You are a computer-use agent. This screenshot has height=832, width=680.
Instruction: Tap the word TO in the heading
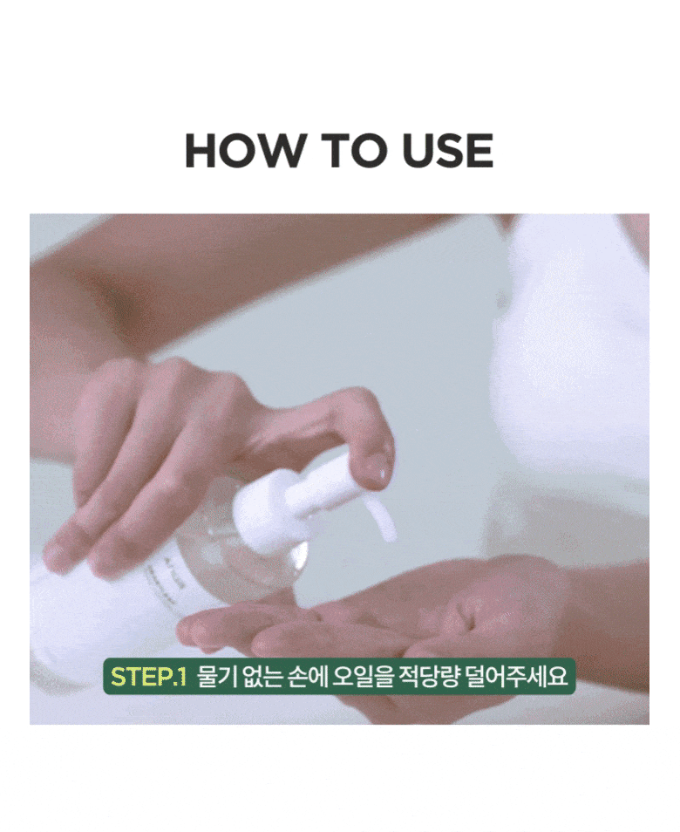(350, 150)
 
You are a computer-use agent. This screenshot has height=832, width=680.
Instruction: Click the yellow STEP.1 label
(147, 677)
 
